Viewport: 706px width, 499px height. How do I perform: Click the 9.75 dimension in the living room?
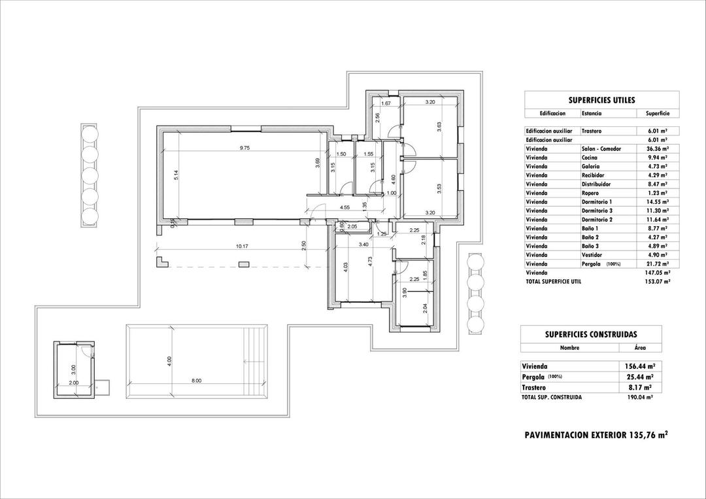point(244,148)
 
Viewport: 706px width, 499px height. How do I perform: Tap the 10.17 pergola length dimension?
point(241,246)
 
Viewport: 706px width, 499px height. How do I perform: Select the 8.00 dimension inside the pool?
point(196,381)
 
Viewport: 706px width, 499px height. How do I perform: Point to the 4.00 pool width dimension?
point(169,360)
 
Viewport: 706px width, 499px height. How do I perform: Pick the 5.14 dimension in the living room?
point(176,175)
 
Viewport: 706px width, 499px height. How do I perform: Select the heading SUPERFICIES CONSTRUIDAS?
point(591,334)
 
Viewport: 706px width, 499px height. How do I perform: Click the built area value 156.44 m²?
point(640,367)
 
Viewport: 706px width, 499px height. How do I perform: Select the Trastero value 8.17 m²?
point(641,387)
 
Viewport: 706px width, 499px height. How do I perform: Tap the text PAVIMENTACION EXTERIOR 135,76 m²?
point(596,435)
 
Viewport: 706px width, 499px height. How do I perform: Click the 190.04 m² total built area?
point(641,397)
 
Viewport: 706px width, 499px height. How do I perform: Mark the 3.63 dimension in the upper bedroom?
point(440,127)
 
